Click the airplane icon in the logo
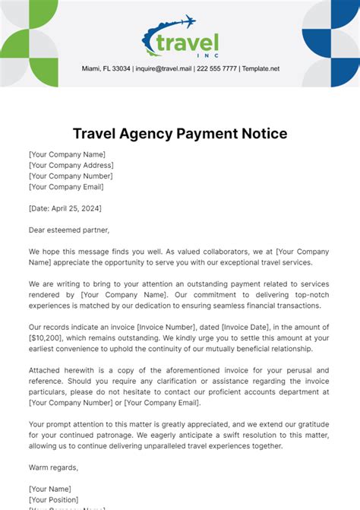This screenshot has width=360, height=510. pyautogui.click(x=185, y=23)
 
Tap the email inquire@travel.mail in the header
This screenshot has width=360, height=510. pyautogui.click(x=163, y=68)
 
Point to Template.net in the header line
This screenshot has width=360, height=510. pyautogui.click(x=261, y=68)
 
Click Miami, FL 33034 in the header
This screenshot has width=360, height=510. pyautogui.click(x=106, y=68)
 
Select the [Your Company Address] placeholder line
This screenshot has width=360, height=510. pyautogui.click(x=71, y=165)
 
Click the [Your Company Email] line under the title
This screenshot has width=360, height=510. pyautogui.click(x=66, y=186)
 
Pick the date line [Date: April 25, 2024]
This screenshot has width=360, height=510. pyautogui.click(x=65, y=208)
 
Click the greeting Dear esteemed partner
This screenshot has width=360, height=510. pyautogui.click(x=69, y=230)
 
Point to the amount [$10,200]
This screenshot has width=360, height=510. pyautogui.click(x=48, y=337)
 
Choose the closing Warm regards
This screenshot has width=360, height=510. pyautogui.click(x=53, y=467)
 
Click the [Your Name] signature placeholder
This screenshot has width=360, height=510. pyautogui.click(x=50, y=489)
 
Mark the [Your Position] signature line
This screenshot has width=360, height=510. pyautogui.click(x=55, y=499)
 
